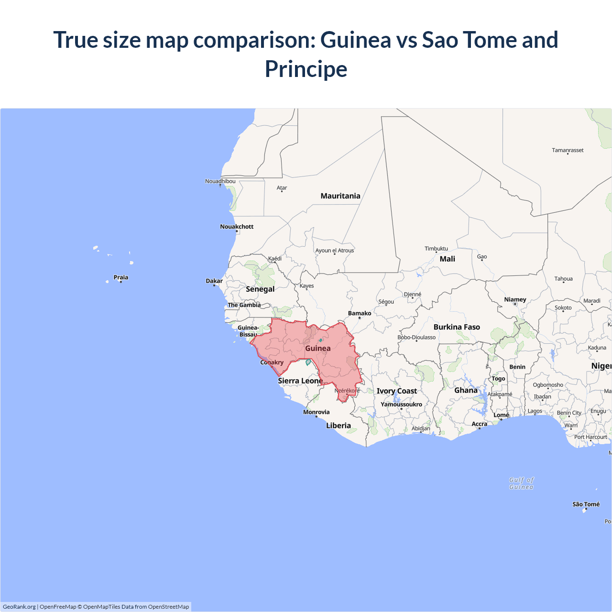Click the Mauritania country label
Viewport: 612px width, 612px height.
pyautogui.click(x=340, y=196)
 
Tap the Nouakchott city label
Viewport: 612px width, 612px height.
pyautogui.click(x=237, y=227)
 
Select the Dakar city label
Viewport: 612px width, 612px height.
pyautogui.click(x=214, y=281)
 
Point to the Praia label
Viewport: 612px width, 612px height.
pyautogui.click(x=121, y=277)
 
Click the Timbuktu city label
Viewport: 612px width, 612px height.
pyautogui.click(x=436, y=249)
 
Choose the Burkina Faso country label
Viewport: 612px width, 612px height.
pyautogui.click(x=457, y=327)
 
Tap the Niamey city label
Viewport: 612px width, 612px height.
pyautogui.click(x=515, y=300)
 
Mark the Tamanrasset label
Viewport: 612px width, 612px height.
pyautogui.click(x=568, y=150)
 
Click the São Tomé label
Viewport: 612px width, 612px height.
pyautogui.click(x=586, y=504)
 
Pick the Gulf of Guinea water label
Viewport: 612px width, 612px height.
pyautogui.click(x=521, y=483)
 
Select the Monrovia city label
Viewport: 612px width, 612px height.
pyautogui.click(x=316, y=412)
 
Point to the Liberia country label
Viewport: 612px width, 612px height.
pyautogui.click(x=339, y=426)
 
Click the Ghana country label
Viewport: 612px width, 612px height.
pyautogui.click(x=466, y=391)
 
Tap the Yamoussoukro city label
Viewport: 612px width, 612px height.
pyautogui.click(x=401, y=404)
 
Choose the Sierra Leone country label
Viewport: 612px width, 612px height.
pyautogui.click(x=300, y=381)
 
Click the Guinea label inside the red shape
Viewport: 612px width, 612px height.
pyautogui.click(x=318, y=349)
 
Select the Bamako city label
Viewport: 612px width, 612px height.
pyautogui.click(x=360, y=314)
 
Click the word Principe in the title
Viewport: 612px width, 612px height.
pyautogui.click(x=306, y=69)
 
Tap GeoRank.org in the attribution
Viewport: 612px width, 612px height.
pyautogui.click(x=19, y=607)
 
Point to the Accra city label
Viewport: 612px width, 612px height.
pyautogui.click(x=479, y=424)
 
